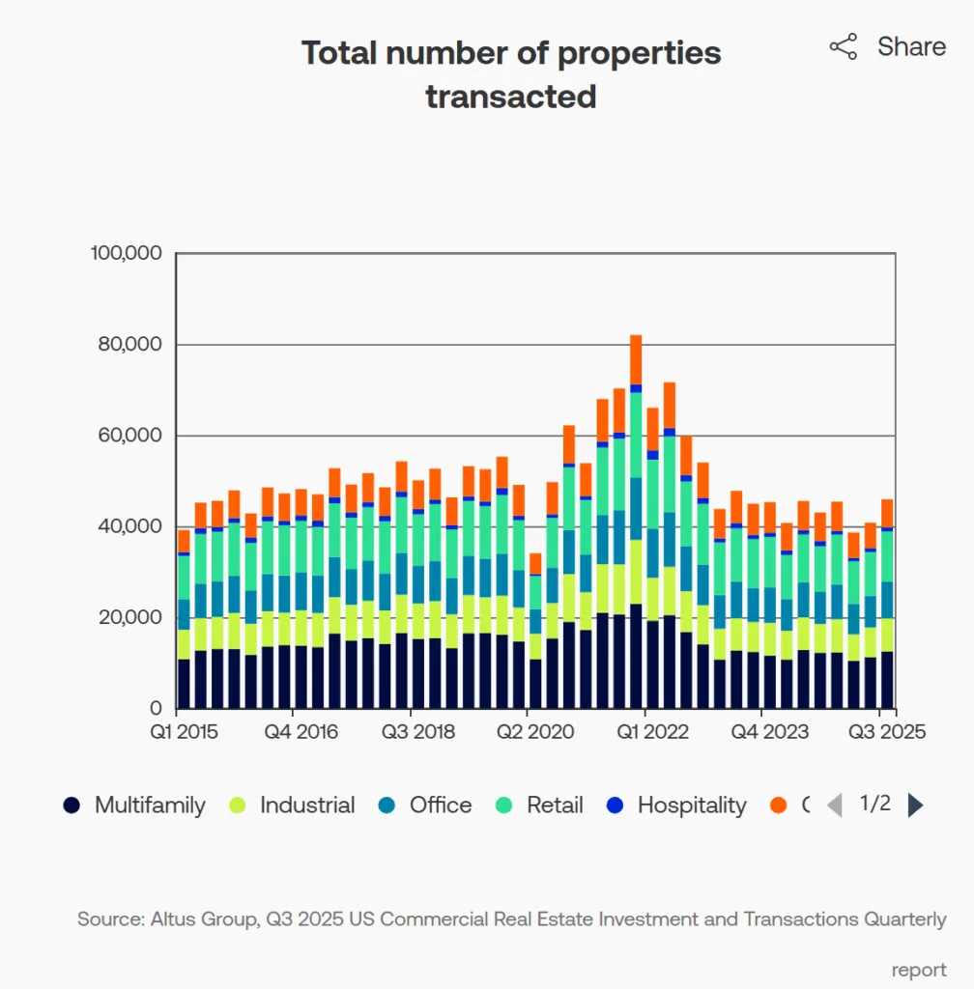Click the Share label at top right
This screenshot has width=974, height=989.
click(910, 46)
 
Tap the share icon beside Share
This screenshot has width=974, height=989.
click(843, 47)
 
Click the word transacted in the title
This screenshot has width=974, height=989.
click(510, 97)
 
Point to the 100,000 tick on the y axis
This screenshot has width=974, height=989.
click(126, 253)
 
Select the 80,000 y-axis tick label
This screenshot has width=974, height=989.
click(129, 345)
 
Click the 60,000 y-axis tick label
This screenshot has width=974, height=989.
click(129, 436)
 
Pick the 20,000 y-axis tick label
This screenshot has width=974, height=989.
click(129, 617)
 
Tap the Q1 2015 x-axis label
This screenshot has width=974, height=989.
click(185, 732)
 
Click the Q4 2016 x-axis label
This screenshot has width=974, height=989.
click(302, 732)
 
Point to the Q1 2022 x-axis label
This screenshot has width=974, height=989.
click(654, 732)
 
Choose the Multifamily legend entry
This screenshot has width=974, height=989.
click(134, 805)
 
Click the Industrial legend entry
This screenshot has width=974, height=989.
click(292, 805)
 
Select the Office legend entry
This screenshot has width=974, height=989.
click(426, 805)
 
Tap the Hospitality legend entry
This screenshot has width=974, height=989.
click(676, 805)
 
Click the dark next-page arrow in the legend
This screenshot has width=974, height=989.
click(915, 805)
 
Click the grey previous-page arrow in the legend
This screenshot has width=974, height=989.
click(835, 805)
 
